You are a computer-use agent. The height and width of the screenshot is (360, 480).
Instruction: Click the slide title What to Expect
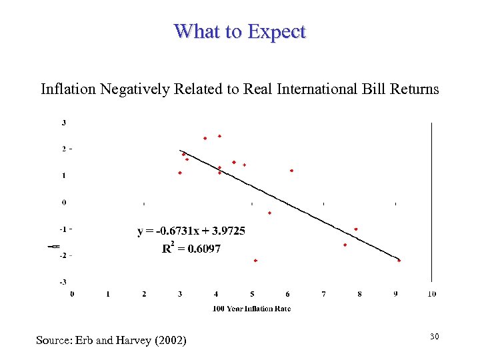[x=239, y=31]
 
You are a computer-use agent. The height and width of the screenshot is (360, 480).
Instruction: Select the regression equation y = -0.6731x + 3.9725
[x=191, y=231]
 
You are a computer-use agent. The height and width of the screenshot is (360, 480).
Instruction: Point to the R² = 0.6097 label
[x=191, y=248]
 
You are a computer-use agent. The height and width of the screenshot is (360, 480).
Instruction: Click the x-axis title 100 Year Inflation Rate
[x=251, y=308]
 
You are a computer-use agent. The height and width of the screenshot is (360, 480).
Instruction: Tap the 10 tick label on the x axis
[x=431, y=294]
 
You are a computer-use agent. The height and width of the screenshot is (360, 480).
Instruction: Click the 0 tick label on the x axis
[x=72, y=294]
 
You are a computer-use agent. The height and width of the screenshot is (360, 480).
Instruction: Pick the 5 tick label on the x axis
[x=252, y=294]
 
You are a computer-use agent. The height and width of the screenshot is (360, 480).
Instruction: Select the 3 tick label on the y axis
[x=63, y=123]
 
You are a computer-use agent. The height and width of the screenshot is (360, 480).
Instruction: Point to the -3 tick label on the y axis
[x=63, y=282]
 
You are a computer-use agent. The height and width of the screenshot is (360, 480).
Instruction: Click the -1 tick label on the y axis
[x=63, y=229]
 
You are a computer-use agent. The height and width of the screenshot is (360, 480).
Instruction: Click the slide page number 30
[x=434, y=337]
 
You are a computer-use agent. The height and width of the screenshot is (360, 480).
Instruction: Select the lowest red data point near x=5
[x=255, y=261]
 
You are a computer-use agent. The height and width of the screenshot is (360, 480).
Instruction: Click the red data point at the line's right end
[x=399, y=261]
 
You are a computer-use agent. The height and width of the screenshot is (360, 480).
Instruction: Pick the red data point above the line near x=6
[x=291, y=171]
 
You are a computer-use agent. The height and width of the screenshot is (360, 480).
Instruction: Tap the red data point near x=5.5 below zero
[x=269, y=213]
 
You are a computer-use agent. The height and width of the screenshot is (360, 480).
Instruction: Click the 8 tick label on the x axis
[x=359, y=294]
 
